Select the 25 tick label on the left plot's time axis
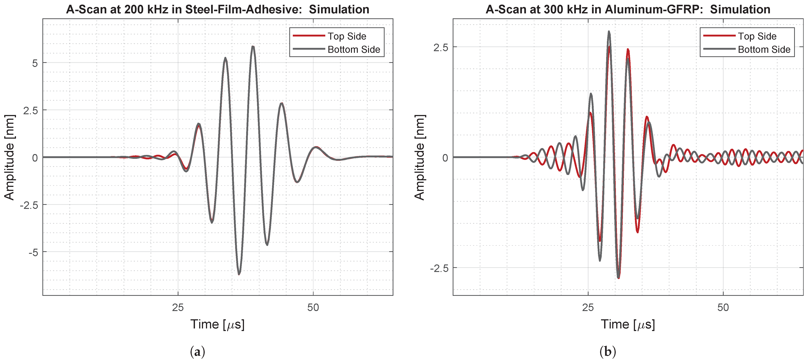(178, 308)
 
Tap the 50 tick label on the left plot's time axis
(313, 308)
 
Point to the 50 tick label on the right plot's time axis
(723, 308)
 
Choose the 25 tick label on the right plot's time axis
(588, 308)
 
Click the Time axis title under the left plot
(217, 324)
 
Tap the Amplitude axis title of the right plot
(420, 157)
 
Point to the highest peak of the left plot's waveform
(253, 47)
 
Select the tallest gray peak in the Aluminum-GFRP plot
(609, 32)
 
